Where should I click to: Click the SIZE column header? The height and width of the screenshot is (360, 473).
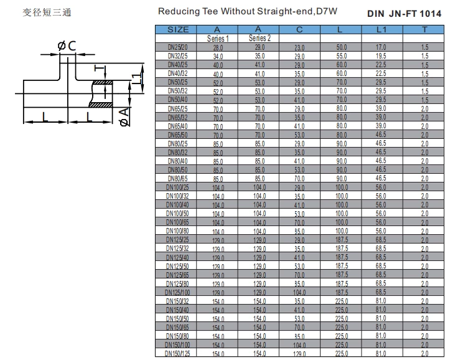point(178,29)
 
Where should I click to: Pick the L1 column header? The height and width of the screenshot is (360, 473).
point(382,29)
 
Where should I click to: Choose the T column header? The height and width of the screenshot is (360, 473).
point(424,29)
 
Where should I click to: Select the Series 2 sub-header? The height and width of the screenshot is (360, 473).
point(260,39)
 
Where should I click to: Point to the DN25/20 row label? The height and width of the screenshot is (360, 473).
point(178,47)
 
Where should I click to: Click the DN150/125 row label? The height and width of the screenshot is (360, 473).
point(178,354)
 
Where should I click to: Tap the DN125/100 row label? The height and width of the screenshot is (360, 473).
point(178,293)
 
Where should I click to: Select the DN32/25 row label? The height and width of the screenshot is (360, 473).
point(178,56)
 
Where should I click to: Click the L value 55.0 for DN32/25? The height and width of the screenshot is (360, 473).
point(342,56)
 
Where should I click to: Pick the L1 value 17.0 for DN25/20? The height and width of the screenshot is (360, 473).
point(382,47)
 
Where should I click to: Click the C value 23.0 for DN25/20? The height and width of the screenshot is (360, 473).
point(299,47)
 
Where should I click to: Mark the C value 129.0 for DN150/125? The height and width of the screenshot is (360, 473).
point(299,354)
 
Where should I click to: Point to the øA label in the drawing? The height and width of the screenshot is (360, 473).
point(124,116)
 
